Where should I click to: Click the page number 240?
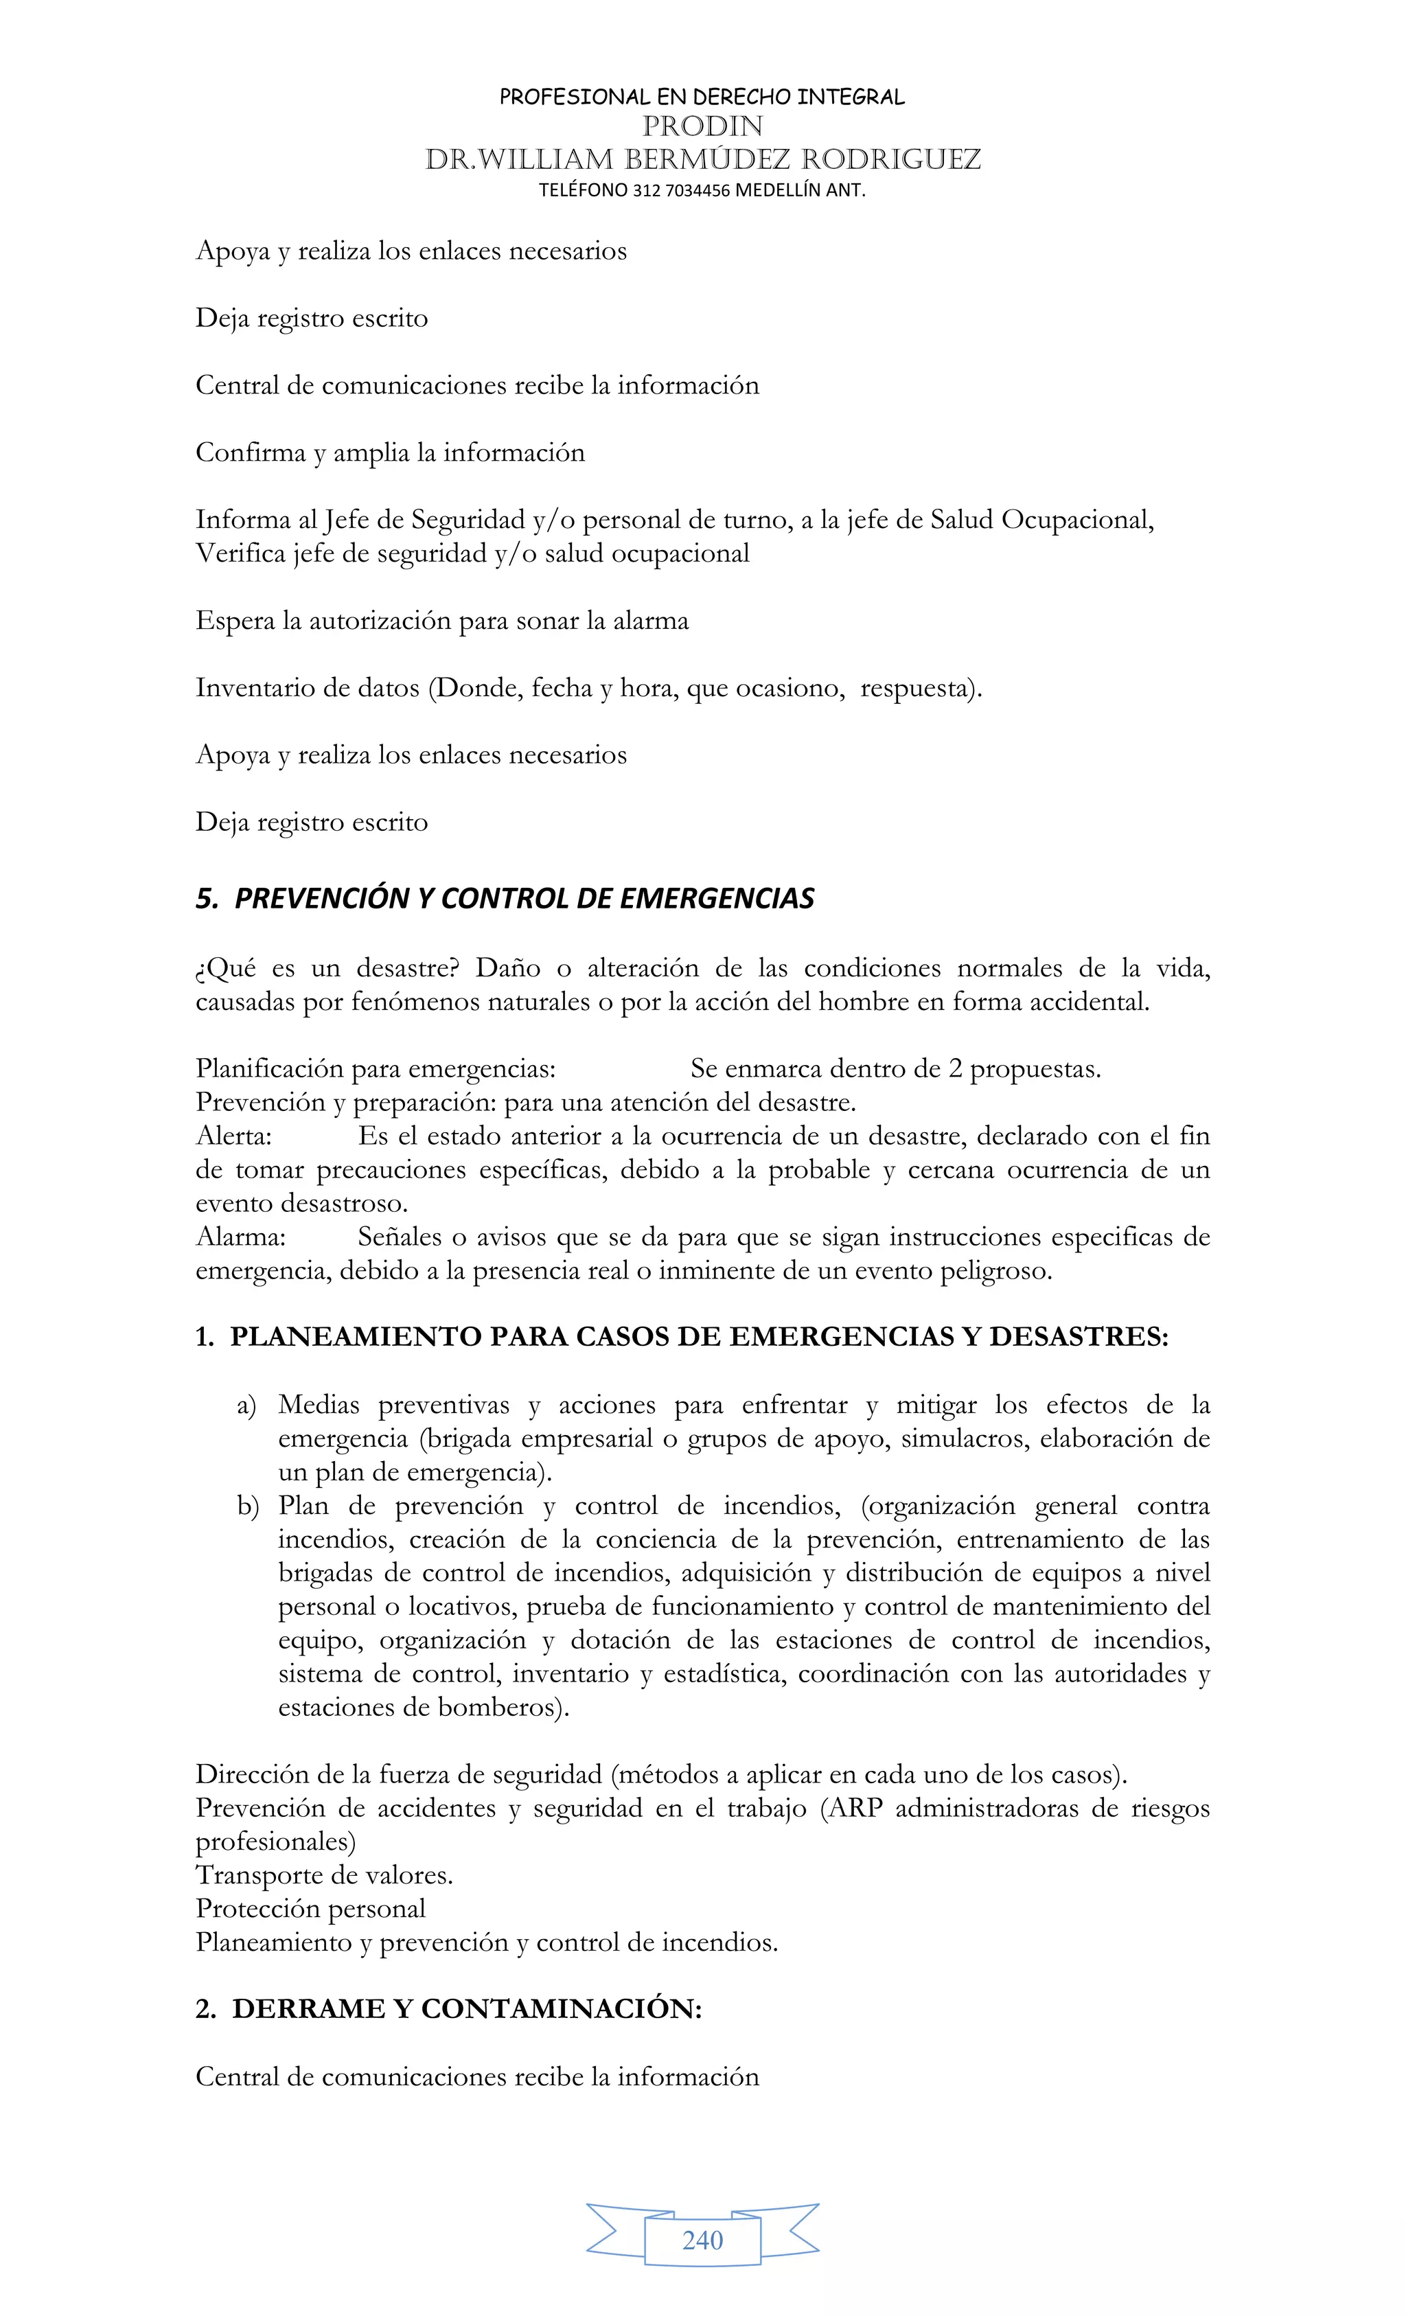tap(702, 2240)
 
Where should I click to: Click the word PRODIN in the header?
tap(702, 126)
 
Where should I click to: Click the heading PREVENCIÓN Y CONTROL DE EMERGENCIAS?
tap(524, 899)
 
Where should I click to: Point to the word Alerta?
tap(233, 1136)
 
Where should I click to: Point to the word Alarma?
tap(240, 1237)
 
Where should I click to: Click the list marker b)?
tap(247, 1506)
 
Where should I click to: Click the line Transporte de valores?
tap(324, 1875)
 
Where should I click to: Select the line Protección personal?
tap(310, 1909)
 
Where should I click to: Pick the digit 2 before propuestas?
tap(954, 1068)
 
